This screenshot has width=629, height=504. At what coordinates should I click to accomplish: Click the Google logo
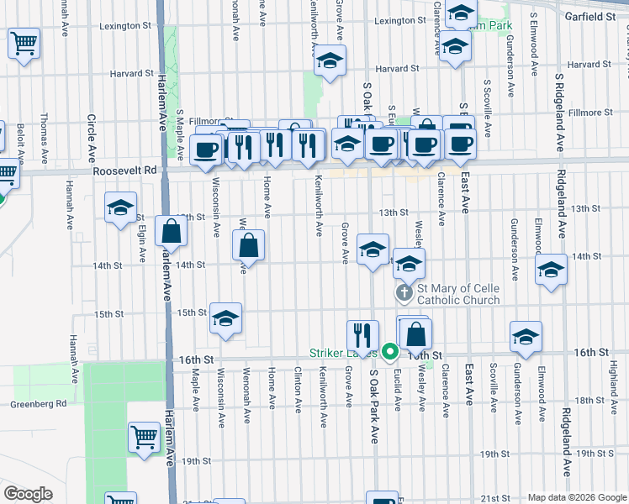(x=28, y=494)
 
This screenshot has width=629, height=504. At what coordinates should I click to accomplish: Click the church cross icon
(x=404, y=292)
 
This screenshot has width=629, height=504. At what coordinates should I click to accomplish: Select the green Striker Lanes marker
(x=388, y=352)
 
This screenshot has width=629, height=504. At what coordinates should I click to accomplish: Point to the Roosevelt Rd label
(x=126, y=170)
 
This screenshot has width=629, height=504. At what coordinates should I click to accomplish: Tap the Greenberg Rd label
(x=38, y=404)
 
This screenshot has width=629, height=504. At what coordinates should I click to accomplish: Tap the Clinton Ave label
(x=299, y=390)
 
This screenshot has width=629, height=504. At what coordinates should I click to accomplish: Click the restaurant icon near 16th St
(x=362, y=334)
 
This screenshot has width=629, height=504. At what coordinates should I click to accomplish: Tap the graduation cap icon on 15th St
(x=225, y=318)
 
